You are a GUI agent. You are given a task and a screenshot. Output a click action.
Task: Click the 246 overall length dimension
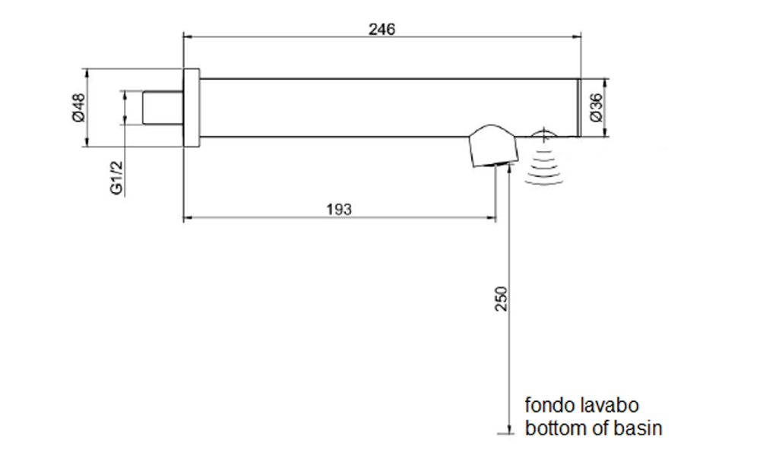coord(382,29)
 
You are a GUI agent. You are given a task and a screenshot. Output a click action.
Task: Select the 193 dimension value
coord(339,210)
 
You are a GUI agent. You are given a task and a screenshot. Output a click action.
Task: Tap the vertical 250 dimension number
coord(502,299)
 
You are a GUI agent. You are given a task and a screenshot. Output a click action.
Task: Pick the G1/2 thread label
coord(116,177)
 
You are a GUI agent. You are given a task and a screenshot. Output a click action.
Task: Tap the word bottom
coord(556,428)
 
